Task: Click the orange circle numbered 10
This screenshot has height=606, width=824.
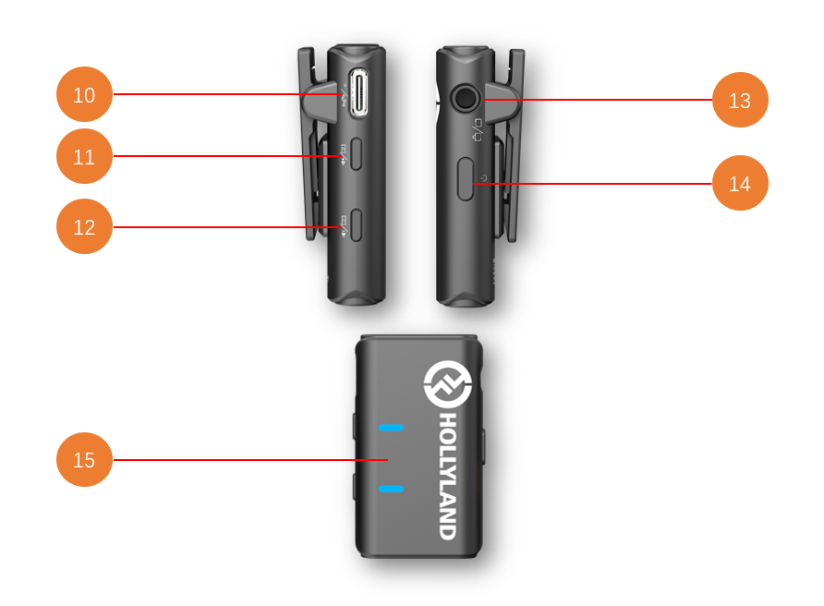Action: tap(84, 94)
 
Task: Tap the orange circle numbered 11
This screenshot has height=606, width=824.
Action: tap(84, 156)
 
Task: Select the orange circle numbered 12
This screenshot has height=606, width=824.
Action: tap(84, 226)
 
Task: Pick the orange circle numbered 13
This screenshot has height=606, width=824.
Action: tap(740, 100)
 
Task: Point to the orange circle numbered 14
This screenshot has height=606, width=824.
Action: tap(740, 184)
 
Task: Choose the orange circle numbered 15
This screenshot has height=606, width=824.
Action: tap(84, 460)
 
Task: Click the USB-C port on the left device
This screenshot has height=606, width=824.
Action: tap(359, 92)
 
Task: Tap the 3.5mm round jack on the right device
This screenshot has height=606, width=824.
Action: tap(465, 97)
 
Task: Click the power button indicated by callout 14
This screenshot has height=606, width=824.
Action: tap(466, 179)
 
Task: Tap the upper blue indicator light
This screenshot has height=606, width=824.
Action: tap(391, 428)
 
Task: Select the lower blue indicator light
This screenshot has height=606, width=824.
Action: tap(391, 489)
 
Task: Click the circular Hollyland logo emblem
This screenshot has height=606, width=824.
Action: tap(448, 384)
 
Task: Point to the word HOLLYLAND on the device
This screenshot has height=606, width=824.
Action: tap(448, 476)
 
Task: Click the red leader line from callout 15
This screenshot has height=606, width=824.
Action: tap(250, 460)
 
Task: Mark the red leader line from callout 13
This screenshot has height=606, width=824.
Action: tap(599, 100)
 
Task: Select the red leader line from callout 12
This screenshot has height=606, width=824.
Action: tap(227, 227)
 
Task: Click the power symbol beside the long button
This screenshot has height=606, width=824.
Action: tap(483, 178)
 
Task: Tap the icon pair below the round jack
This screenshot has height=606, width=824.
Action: tap(478, 130)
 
